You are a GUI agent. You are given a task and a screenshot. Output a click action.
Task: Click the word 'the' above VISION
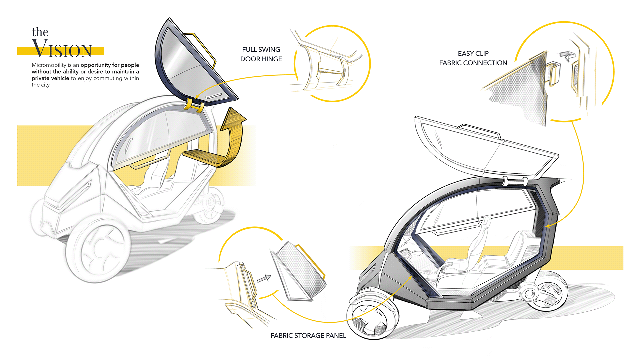(40, 32)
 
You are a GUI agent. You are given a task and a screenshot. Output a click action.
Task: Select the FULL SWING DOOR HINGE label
(261, 54)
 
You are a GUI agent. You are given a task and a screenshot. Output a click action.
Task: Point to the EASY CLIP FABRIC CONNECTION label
(473, 58)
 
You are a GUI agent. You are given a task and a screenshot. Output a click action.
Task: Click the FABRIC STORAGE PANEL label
(308, 335)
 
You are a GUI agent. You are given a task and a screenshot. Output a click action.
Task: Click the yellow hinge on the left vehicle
(194, 105)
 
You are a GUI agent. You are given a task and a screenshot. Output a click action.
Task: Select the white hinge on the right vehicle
(515, 181)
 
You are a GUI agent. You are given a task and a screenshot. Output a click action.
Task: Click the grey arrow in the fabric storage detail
(264, 278)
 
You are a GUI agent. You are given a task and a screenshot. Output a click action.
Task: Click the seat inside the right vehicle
(467, 253)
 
